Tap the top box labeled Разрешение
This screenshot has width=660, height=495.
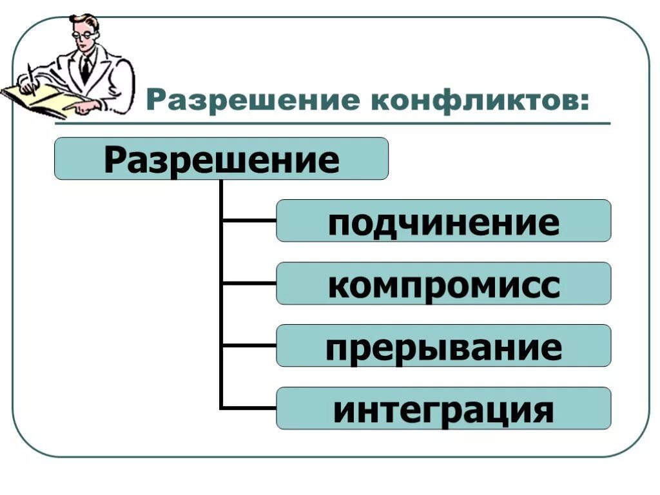(221, 159)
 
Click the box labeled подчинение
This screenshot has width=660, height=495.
(443, 220)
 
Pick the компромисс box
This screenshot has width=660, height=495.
(443, 284)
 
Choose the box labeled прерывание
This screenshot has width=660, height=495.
(443, 346)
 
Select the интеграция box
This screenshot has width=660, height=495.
(443, 409)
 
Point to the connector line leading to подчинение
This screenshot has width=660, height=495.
(249, 220)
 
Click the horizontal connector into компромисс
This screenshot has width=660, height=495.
(249, 283)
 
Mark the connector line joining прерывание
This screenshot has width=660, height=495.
(249, 345)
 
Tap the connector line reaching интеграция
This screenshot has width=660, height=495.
(249, 407)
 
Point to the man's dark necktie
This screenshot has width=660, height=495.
(86, 68)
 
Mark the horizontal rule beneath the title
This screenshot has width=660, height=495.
(374, 123)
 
